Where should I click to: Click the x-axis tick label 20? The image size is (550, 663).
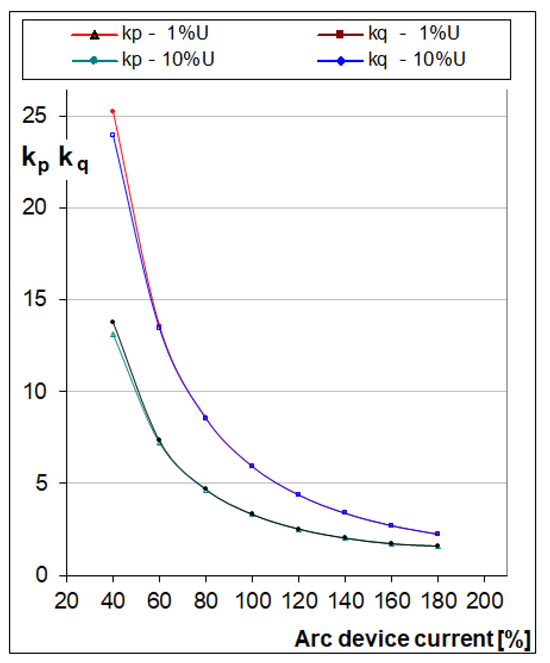tap(66, 601)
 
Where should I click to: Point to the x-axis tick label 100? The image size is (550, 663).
tap(252, 601)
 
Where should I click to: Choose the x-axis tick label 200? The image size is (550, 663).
tap(484, 601)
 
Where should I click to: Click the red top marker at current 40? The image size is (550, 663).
tap(112, 111)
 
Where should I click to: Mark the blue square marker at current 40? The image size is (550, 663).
tap(112, 135)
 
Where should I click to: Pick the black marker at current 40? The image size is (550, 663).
tap(112, 322)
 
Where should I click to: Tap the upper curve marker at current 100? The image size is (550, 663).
tap(252, 466)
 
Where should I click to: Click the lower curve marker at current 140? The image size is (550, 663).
tap(345, 538)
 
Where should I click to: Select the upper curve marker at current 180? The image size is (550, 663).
tap(437, 534)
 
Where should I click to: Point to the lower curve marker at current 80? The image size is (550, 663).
tap(205, 489)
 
